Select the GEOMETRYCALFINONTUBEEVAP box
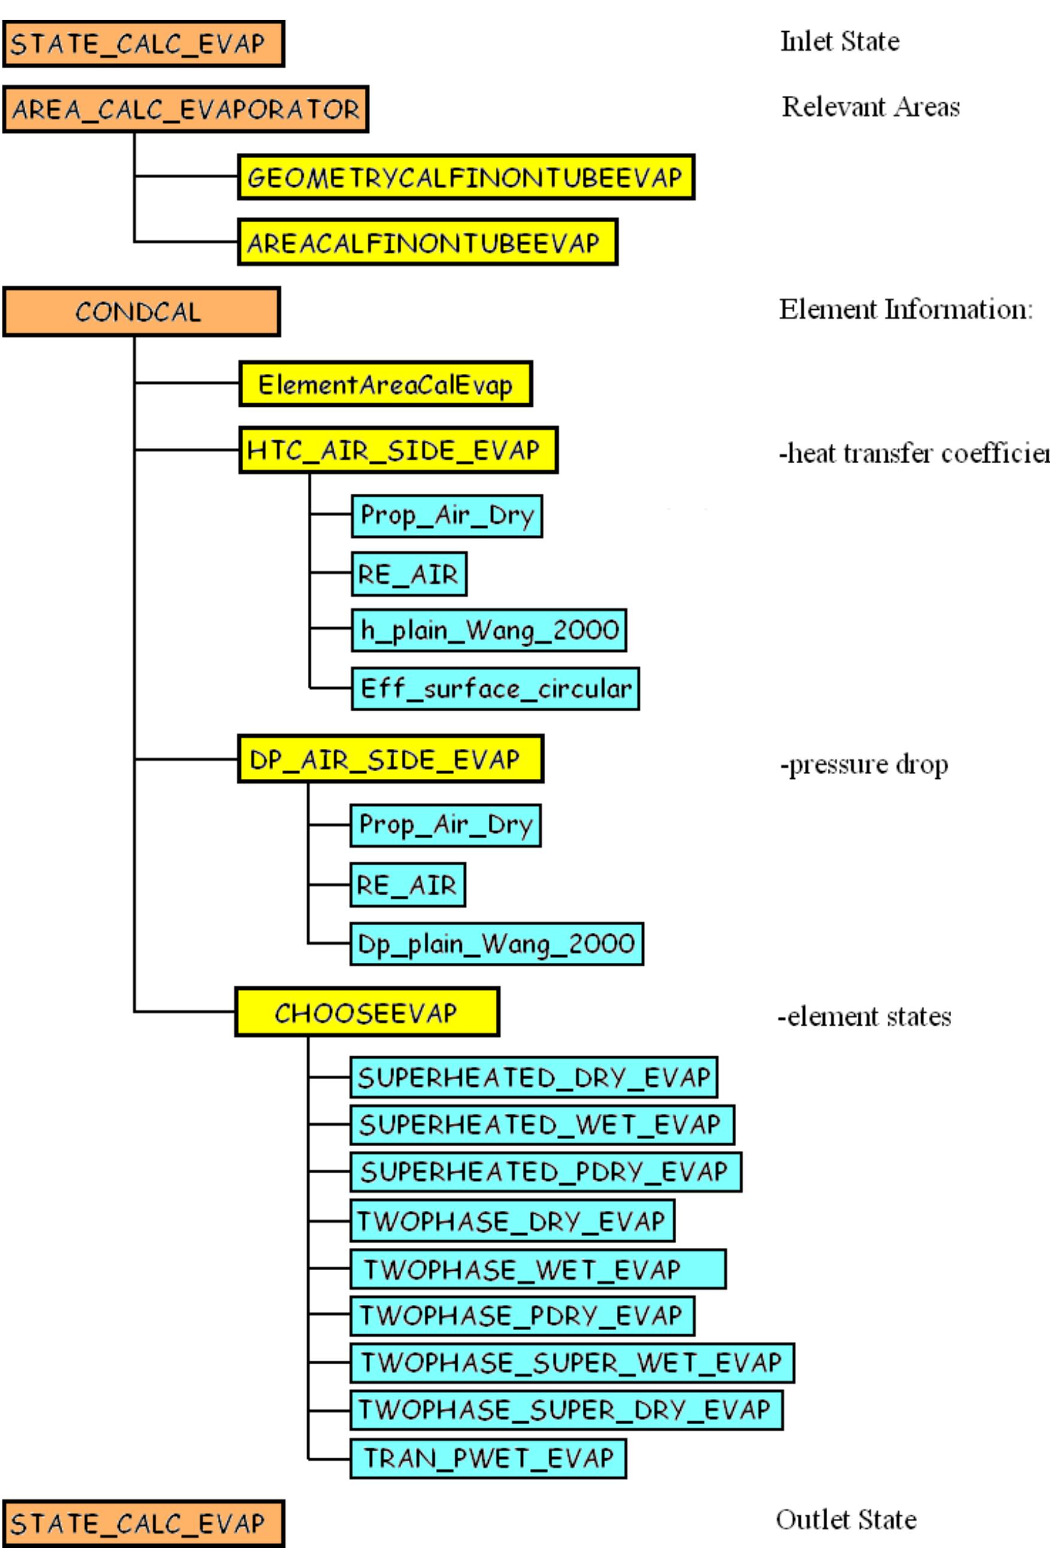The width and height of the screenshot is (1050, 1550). (466, 177)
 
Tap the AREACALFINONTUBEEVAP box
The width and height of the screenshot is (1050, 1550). (427, 242)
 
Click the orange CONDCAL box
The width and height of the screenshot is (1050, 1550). (141, 312)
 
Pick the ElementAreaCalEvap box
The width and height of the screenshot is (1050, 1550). (385, 384)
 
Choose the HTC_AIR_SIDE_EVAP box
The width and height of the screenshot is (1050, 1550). (398, 450)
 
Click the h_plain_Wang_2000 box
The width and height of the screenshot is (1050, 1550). (489, 630)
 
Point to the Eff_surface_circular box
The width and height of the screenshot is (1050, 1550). (495, 688)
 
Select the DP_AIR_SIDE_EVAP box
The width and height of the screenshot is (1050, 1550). (390, 759)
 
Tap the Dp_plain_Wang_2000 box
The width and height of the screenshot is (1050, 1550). (497, 944)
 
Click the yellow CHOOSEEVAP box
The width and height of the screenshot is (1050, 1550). (367, 1013)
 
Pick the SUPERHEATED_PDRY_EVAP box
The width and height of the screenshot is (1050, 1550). (545, 1173)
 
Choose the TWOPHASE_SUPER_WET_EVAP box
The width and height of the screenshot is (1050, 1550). (572, 1362)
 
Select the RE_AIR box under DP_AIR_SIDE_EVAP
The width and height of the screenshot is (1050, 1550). (407, 885)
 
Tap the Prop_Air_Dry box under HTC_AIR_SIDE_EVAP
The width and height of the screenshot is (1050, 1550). (447, 515)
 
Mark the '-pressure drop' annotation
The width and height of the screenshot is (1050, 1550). (864, 765)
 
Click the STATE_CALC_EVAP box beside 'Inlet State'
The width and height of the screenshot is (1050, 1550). (143, 44)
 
